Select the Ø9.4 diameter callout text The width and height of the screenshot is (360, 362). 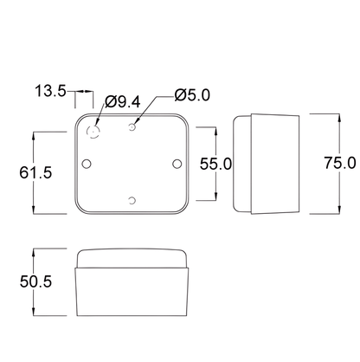(122, 102)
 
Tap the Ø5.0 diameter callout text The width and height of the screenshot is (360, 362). (191, 94)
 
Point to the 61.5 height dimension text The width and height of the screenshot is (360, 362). (15, 172)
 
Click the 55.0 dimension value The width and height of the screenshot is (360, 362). (215, 164)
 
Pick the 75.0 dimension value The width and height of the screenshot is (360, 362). (340, 163)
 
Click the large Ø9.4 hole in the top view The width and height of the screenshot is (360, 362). (94, 132)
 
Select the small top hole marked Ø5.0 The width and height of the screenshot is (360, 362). (132, 126)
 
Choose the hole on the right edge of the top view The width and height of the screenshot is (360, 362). (177, 163)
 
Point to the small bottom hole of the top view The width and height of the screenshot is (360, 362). (131, 201)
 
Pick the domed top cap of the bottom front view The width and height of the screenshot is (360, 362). (132, 258)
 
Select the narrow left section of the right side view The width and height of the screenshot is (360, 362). (241, 164)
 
